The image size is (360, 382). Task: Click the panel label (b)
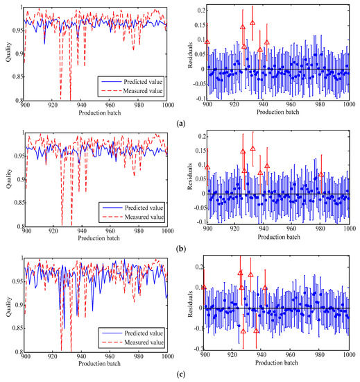[181, 249]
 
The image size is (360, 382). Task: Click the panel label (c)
[181, 375]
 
